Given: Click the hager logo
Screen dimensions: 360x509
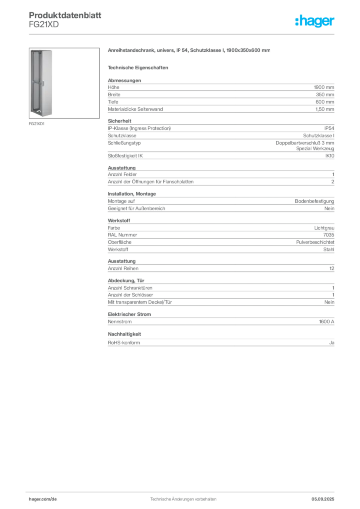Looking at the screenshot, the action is tap(314, 21).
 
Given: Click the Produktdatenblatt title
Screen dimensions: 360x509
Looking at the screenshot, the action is tap(65, 15).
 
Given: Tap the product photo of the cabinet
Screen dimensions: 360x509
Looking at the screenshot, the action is tap(64, 83).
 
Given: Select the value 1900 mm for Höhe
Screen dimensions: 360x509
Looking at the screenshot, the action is tap(324, 87).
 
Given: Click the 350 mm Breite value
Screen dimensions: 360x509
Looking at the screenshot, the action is tap(325, 95).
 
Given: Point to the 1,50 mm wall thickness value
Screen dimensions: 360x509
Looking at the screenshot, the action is tap(325, 109).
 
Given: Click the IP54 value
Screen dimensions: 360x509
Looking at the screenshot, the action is tap(329, 128).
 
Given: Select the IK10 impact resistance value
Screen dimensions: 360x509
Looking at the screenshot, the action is tap(330, 156).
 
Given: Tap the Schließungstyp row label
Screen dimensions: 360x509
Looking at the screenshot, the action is tap(124, 143).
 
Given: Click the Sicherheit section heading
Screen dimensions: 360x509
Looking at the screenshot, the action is tap(119, 121).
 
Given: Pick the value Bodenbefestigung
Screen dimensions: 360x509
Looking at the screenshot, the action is tap(314, 201).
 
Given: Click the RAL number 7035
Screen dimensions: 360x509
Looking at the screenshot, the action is tap(329, 235).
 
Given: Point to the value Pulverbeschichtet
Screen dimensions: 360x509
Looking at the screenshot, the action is tap(315, 242).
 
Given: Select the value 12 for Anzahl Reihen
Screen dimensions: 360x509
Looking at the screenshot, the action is tap(332, 269).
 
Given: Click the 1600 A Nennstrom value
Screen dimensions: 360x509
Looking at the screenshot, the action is tap(326, 322).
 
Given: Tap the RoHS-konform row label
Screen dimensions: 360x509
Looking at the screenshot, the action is tap(124, 343).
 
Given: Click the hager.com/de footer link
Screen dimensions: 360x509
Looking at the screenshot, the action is tap(43, 499).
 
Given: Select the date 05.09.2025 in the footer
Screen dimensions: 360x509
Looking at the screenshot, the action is tap(323, 499).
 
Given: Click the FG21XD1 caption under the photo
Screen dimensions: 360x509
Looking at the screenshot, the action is tap(37, 124).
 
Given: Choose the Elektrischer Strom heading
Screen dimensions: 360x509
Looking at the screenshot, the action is tap(129, 314).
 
